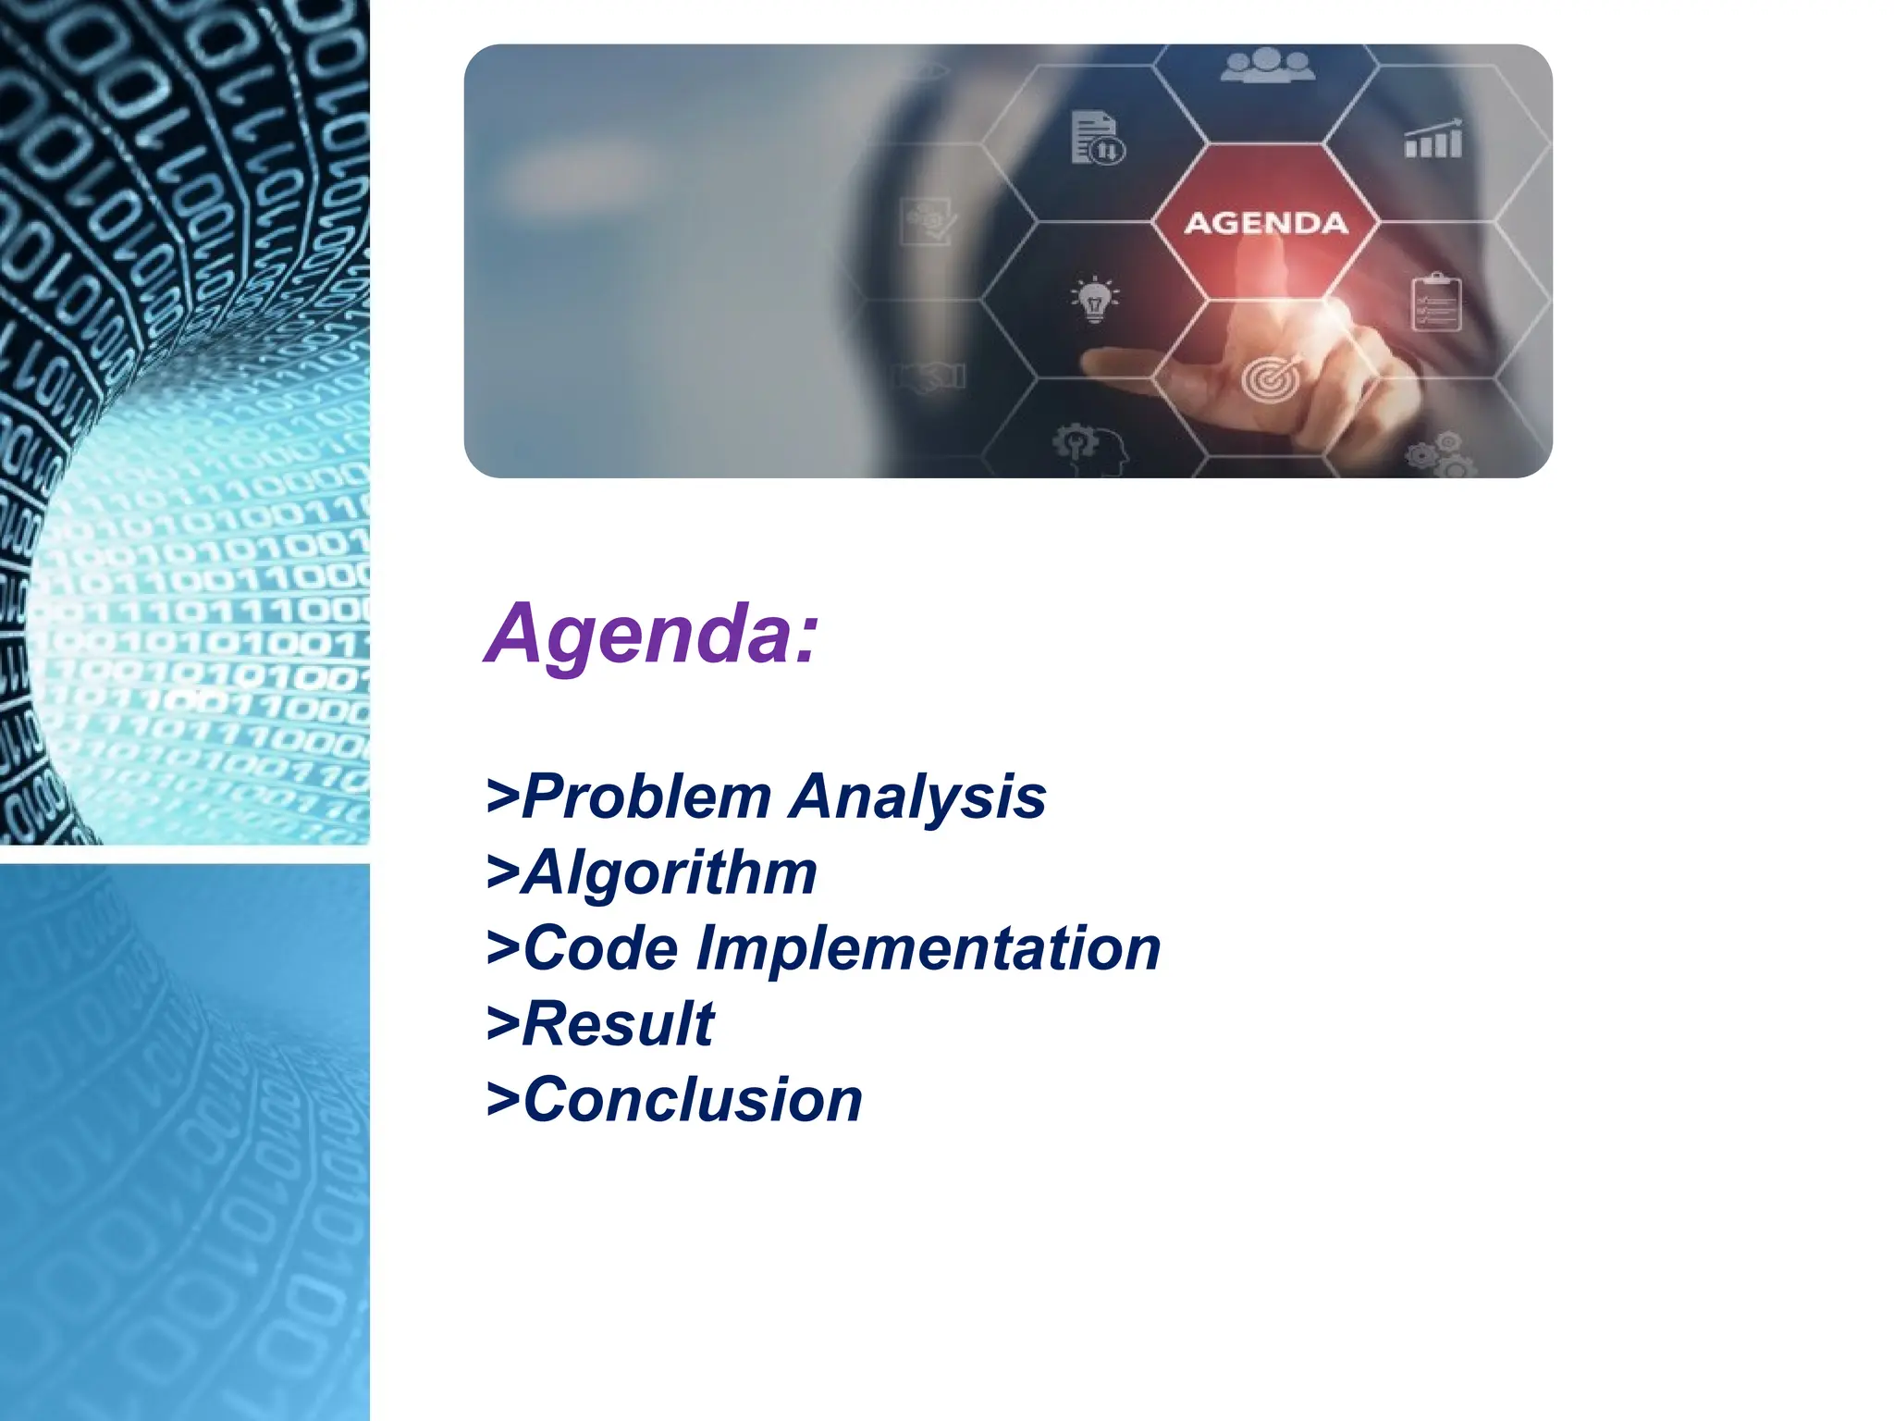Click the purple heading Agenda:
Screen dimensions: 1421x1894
coord(651,634)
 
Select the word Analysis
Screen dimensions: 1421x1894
coord(918,797)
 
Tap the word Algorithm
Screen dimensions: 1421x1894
coord(670,872)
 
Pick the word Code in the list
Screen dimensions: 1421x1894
coord(601,948)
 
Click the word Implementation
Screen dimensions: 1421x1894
coord(928,948)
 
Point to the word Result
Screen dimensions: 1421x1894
coord(618,1024)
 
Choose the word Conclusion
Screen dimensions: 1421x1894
coord(693,1100)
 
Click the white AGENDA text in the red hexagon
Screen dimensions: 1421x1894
coord(1265,223)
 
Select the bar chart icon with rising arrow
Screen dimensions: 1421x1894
coord(1433,140)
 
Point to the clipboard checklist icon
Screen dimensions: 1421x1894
coord(1435,303)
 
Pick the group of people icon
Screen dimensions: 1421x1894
coord(1266,67)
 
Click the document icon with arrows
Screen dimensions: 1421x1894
coord(1097,138)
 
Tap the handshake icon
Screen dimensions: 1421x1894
coord(929,377)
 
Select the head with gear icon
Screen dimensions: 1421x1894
coord(1091,449)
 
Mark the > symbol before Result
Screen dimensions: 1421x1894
coord(502,1025)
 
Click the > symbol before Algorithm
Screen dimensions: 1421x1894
coord(502,873)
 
